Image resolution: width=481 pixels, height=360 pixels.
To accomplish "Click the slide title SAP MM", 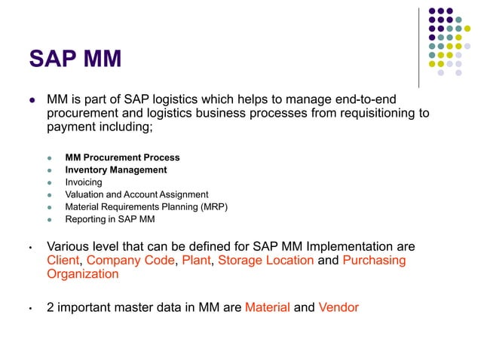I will [75, 59].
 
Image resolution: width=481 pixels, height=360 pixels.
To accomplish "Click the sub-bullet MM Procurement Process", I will [122, 157].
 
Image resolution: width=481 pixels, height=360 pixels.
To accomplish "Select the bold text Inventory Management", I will [115, 170].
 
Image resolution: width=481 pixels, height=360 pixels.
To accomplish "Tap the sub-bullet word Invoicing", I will [84, 182].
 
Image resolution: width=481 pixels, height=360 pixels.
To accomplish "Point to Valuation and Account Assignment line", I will [136, 194].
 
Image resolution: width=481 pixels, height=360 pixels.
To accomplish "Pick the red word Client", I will [63, 261].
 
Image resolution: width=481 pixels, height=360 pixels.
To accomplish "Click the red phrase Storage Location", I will [266, 261].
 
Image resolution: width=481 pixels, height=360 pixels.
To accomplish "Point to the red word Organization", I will [82, 274].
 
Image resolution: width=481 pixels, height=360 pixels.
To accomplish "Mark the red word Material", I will [267, 307].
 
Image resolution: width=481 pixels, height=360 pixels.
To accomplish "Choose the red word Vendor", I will [339, 307].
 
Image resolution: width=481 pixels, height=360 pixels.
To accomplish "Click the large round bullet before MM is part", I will [32, 100].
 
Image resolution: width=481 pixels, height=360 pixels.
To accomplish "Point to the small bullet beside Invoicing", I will [51, 183].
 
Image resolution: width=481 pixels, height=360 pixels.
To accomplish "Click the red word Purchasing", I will [374, 261].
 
